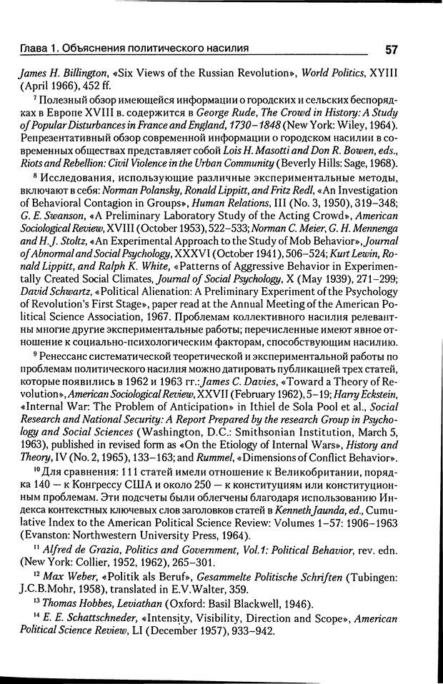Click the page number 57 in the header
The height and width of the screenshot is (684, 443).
pos(392,49)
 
